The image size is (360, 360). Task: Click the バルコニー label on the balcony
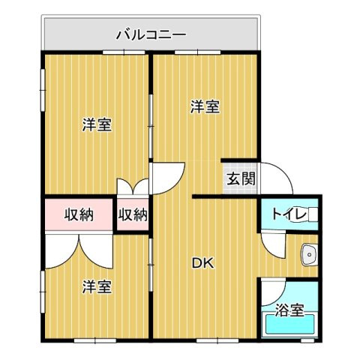click(x=151, y=34)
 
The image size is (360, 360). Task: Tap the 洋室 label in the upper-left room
click(x=97, y=125)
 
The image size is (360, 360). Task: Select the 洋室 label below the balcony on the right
click(x=204, y=106)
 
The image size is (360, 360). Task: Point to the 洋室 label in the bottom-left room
click(x=97, y=286)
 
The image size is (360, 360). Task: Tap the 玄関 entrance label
click(x=241, y=179)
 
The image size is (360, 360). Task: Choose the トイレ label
click(x=287, y=214)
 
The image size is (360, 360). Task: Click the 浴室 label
click(x=289, y=309)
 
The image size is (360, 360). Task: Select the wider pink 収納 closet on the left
click(x=78, y=215)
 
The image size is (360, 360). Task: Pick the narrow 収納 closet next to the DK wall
click(x=133, y=215)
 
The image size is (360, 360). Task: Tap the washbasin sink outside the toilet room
click(x=308, y=256)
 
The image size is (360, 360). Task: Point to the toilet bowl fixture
click(x=310, y=215)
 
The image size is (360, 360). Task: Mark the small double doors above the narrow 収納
click(x=133, y=187)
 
